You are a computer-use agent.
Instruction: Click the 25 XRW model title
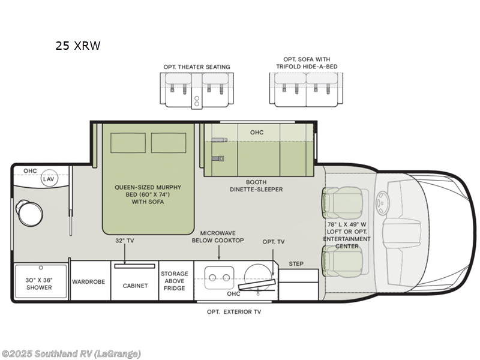tap(79, 46)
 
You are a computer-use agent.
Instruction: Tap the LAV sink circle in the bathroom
tap(48, 179)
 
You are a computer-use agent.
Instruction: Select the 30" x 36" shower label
tap(38, 283)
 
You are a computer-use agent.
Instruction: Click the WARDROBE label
tap(89, 281)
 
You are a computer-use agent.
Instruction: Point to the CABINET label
tap(135, 286)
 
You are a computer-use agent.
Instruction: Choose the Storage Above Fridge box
tap(174, 281)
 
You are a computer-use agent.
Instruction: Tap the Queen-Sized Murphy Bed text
tap(148, 194)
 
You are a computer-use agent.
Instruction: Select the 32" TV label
tap(124, 241)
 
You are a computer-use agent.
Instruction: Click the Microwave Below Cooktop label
tap(218, 236)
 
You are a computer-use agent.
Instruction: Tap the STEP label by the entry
tap(296, 263)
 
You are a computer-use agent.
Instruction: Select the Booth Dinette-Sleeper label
tap(256, 185)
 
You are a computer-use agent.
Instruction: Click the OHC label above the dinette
tap(256, 132)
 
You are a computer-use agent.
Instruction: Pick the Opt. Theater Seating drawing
tap(196, 89)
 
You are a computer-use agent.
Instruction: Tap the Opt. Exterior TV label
tap(234, 311)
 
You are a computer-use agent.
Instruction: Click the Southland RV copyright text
tap(71, 353)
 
